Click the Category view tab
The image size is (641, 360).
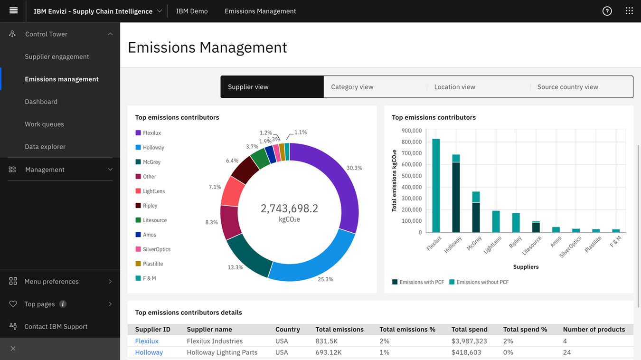click(352, 87)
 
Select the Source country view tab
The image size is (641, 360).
click(567, 87)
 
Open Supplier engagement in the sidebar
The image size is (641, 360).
click(57, 57)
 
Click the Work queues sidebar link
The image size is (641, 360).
click(44, 124)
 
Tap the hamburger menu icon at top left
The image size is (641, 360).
click(13, 10)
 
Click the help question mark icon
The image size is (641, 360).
click(607, 11)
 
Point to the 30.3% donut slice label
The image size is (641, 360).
click(354, 168)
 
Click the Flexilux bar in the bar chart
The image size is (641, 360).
click(435, 185)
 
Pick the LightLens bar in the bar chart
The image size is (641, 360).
click(496, 221)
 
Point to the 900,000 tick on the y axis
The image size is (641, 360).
click(411, 131)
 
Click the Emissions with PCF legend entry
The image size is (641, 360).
click(418, 282)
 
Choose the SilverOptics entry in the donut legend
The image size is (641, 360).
click(156, 249)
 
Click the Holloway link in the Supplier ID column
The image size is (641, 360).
click(149, 352)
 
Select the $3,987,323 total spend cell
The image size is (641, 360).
click(469, 341)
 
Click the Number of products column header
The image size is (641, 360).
click(594, 329)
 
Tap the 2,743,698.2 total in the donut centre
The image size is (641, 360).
click(289, 208)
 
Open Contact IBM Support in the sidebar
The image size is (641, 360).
click(56, 326)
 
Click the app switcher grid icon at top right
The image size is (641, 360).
click(629, 11)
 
